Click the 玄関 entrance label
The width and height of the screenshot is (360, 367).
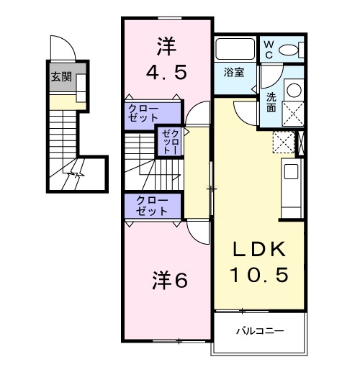coord(61,77)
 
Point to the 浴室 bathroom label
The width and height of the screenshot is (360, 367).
coord(233,73)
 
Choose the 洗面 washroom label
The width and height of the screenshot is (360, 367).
coord(271,103)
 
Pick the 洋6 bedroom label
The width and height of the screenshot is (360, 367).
coord(170,281)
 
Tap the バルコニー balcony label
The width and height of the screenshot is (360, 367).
coord(260,332)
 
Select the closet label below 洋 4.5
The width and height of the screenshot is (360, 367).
coord(143,114)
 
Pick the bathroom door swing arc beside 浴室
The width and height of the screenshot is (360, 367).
coord(256,81)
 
